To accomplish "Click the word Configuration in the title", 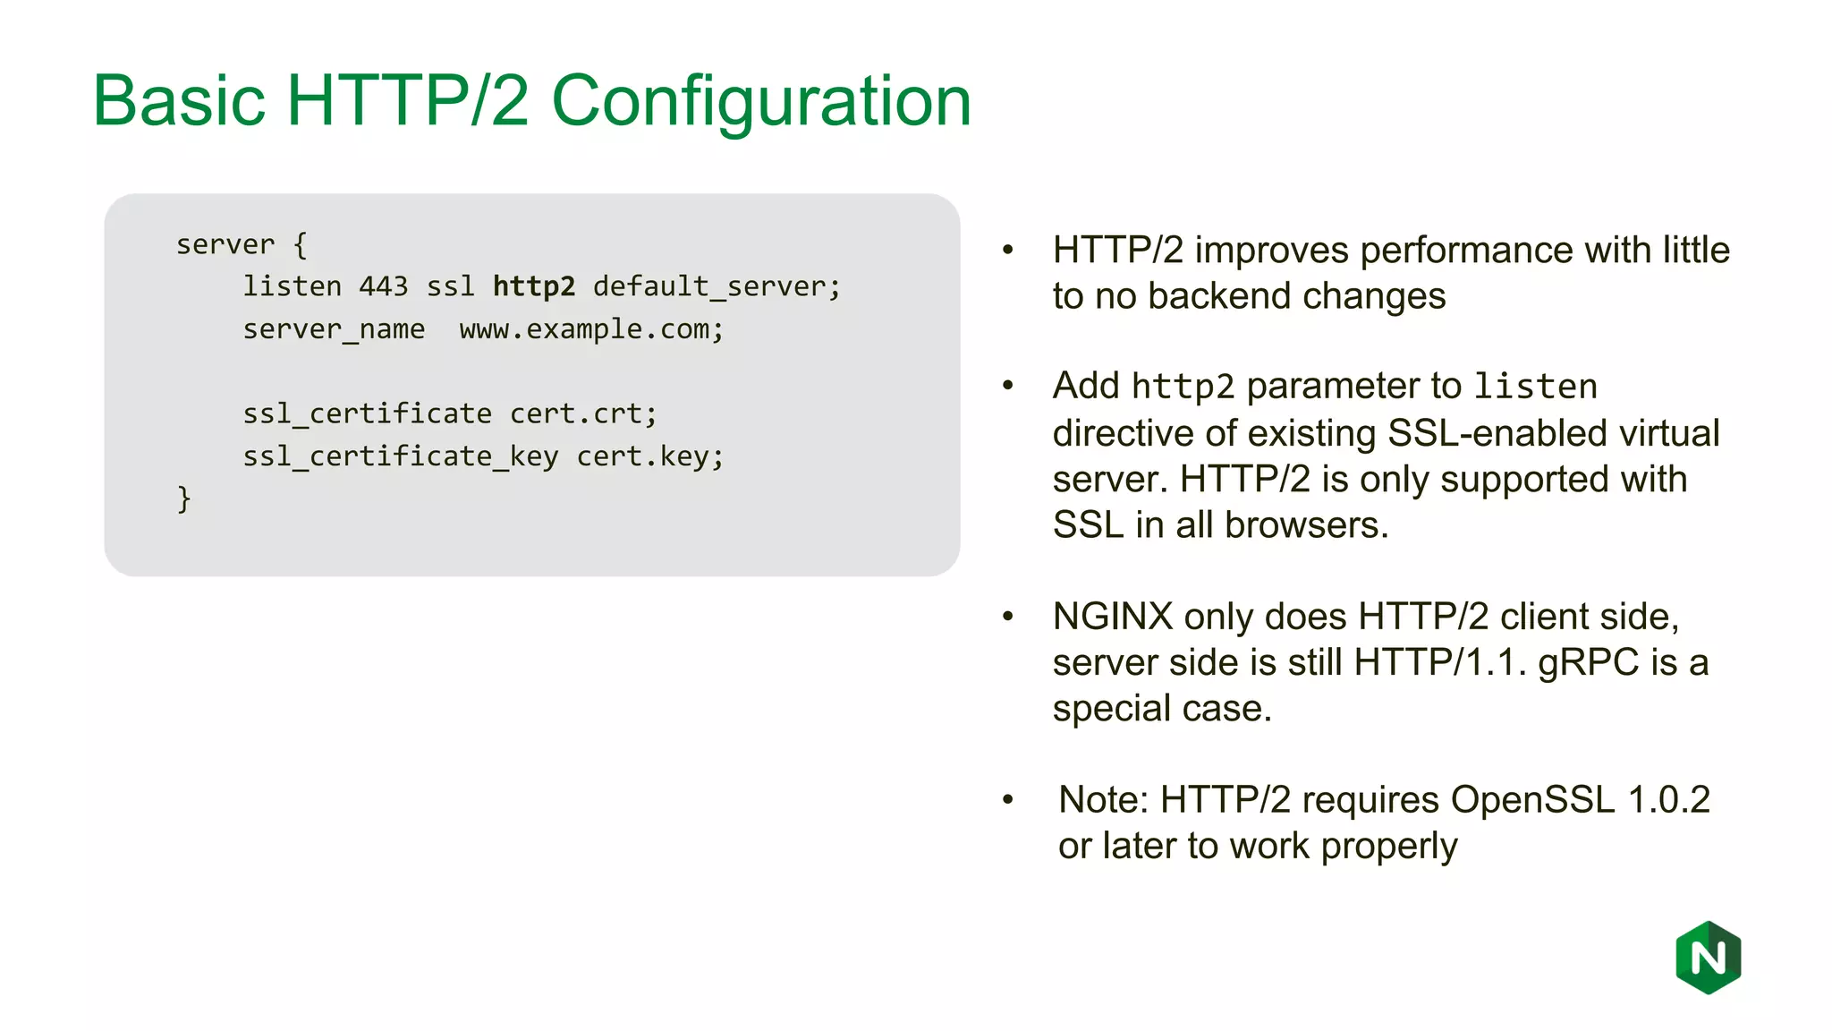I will (x=761, y=101).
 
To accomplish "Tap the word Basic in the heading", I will (x=179, y=101).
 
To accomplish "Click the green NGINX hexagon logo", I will (x=1708, y=958).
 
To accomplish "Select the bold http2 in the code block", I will (x=534, y=286).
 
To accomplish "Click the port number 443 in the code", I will (x=383, y=286).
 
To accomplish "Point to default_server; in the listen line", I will (x=717, y=286).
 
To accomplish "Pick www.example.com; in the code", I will (x=591, y=329).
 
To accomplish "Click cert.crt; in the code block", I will (x=583, y=413).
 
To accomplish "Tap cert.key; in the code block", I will (x=649, y=456).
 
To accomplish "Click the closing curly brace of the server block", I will (x=184, y=498).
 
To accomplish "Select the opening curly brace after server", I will (x=300, y=244).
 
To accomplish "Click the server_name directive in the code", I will (x=334, y=329).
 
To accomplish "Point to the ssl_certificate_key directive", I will (x=400, y=456).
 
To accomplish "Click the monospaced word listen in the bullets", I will (x=1535, y=387).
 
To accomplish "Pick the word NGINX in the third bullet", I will (x=1112, y=617).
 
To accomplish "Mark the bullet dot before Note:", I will (x=1008, y=799).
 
